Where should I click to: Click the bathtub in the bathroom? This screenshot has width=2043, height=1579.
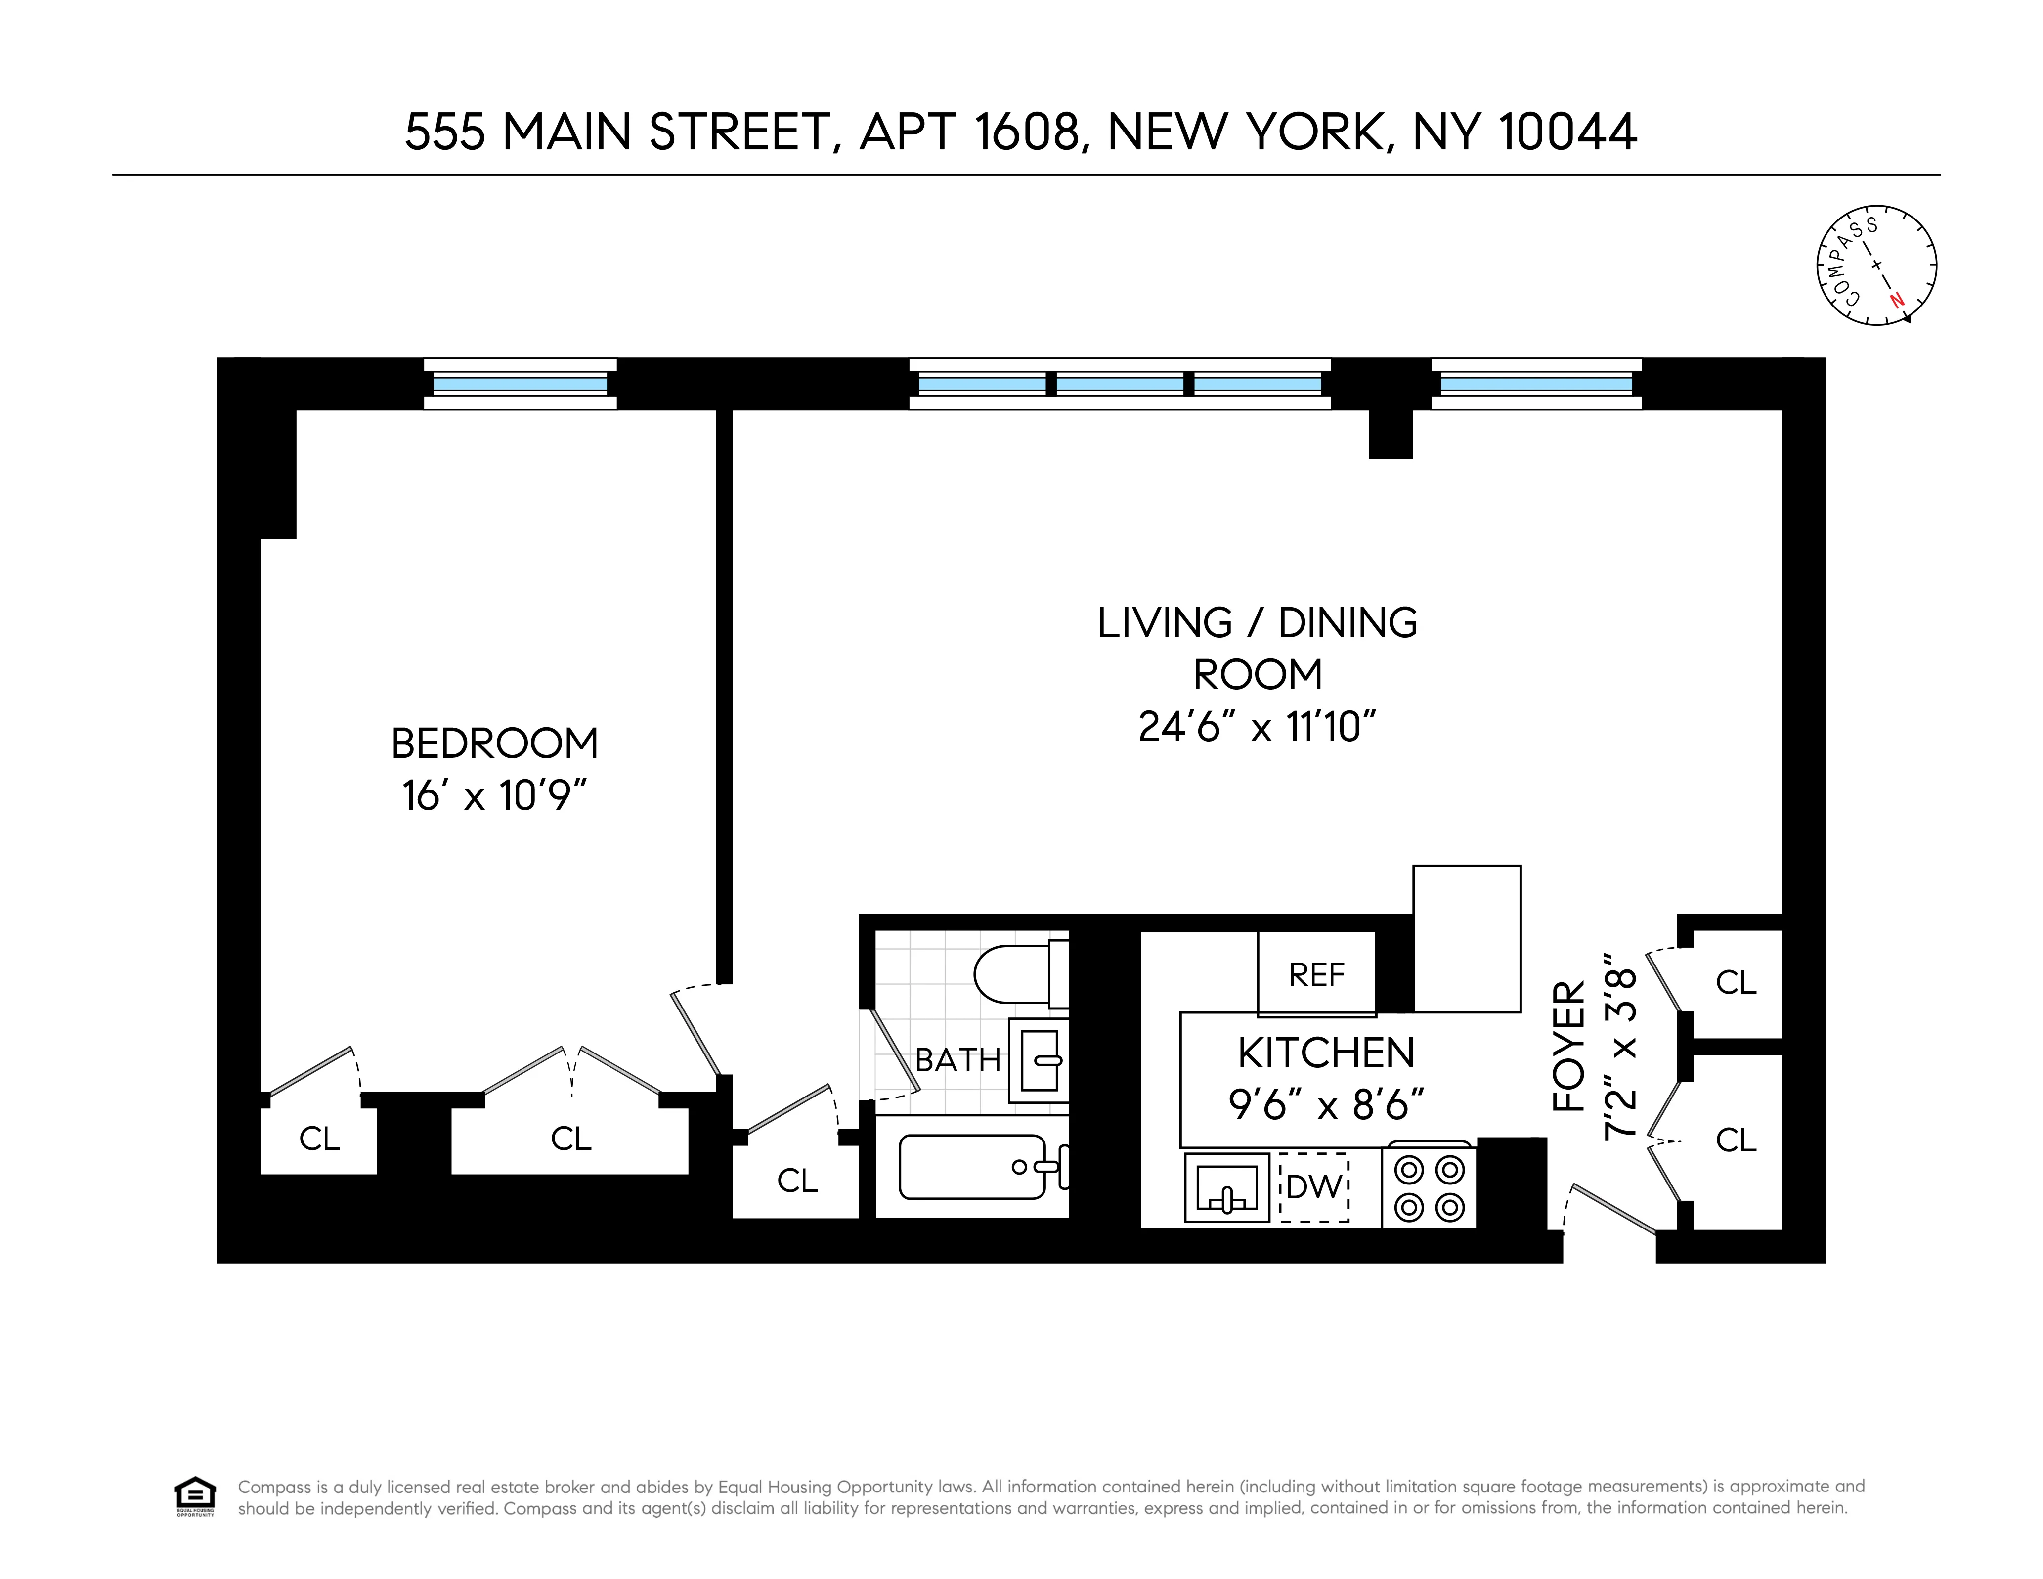point(973,1167)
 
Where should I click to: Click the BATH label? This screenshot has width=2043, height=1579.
point(957,1060)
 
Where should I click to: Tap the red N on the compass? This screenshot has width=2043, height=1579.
point(1896,300)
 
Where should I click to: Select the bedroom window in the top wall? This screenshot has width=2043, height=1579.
point(520,384)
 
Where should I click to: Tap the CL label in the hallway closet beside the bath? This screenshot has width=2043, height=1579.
point(797,1181)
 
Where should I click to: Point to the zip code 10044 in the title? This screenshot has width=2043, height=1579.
point(1567,132)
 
